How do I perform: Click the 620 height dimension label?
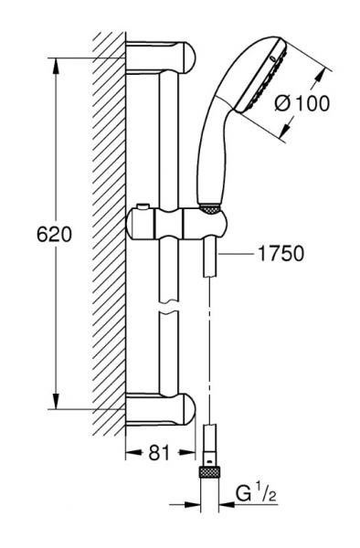tap(54, 235)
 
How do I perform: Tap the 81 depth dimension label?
tap(159, 453)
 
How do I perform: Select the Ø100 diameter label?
tap(302, 103)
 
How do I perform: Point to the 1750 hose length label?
tap(281, 253)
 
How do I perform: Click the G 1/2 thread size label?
tap(256, 494)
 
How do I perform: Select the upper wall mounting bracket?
tap(161, 58)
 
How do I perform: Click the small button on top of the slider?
tap(143, 207)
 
